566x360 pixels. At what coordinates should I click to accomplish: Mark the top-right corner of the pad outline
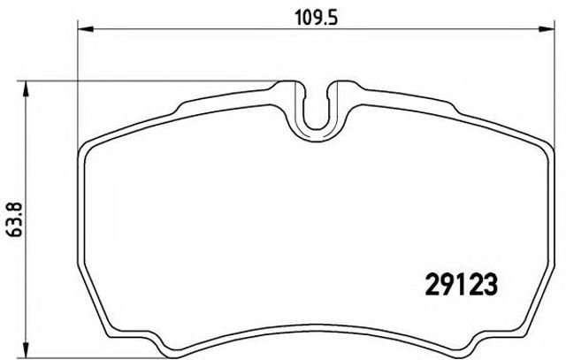(x=540, y=146)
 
